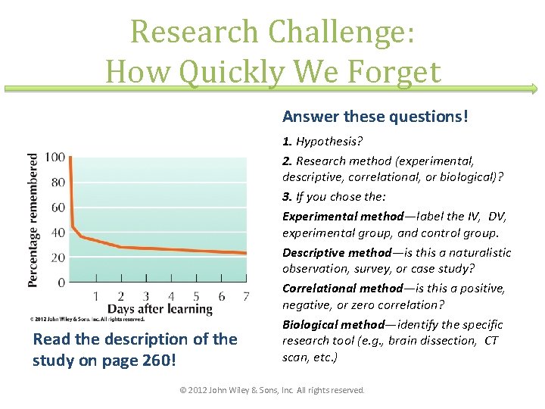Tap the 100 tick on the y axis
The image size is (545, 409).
[x=54, y=158]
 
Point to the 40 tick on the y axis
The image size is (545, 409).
[x=58, y=233]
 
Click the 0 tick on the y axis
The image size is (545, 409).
[x=61, y=283]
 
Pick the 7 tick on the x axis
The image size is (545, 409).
[x=246, y=296]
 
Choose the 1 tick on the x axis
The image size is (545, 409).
[x=95, y=296]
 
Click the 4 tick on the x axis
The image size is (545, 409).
[x=171, y=296]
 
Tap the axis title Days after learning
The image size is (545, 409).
[x=160, y=308]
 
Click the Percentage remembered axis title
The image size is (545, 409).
[x=34, y=220]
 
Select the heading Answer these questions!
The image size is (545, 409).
[x=375, y=117]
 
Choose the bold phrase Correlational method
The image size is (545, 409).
[x=342, y=288]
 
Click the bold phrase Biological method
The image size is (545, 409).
[x=333, y=324]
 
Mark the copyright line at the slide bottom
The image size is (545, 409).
[x=272, y=390]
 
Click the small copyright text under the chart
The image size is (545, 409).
[x=87, y=320]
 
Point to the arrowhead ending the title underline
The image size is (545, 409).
[x=535, y=89]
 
